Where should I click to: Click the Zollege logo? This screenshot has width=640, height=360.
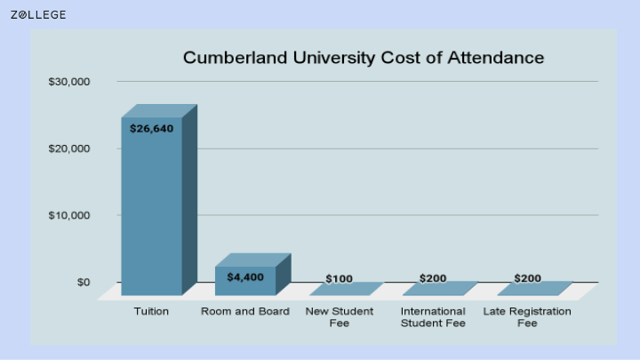click(38, 15)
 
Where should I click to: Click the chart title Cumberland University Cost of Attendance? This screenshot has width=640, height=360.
click(364, 58)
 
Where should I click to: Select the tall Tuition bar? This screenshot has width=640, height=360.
click(159, 200)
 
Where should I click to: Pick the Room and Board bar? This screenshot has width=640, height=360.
click(253, 275)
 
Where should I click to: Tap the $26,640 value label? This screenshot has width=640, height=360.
click(151, 129)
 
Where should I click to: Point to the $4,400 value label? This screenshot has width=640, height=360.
click(245, 277)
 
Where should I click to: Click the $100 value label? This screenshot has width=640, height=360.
click(340, 279)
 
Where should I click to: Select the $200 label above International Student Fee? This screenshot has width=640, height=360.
click(433, 278)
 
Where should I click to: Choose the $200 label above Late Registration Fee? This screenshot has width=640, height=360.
click(527, 278)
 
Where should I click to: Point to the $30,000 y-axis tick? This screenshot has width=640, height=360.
click(69, 82)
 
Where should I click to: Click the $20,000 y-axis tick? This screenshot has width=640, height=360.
click(69, 148)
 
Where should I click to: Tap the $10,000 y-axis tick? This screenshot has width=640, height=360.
click(69, 215)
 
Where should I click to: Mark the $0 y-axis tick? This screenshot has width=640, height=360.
click(84, 282)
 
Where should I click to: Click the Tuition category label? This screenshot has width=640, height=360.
click(151, 311)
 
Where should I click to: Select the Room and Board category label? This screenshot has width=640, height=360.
click(245, 311)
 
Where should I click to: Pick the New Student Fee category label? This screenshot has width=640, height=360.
click(340, 317)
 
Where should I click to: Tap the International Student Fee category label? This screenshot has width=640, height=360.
click(433, 317)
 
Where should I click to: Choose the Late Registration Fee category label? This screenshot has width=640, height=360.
click(527, 317)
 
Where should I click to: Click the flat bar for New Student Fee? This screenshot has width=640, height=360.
click(347, 289)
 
